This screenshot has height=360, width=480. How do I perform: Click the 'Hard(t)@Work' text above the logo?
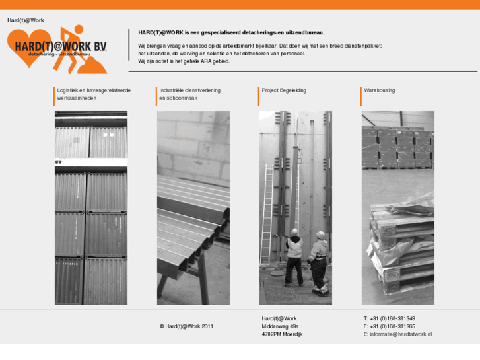click(x=26, y=21)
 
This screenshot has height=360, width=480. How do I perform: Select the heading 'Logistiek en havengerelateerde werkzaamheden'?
click(x=94, y=94)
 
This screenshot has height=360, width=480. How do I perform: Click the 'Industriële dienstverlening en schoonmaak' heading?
click(x=189, y=94)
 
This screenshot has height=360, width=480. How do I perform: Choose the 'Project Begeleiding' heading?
click(x=284, y=90)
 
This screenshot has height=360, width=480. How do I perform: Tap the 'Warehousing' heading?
click(x=380, y=90)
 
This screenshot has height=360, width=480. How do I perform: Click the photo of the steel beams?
click(x=193, y=208)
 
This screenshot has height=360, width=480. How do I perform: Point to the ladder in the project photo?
click(x=267, y=211)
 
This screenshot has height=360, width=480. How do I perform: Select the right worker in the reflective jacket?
click(x=319, y=261)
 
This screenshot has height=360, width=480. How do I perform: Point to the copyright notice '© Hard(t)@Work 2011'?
click(x=186, y=326)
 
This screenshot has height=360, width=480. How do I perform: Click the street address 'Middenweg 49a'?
click(x=280, y=326)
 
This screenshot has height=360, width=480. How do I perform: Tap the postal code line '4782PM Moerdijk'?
click(x=282, y=334)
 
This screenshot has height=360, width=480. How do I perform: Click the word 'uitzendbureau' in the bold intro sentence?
click(x=304, y=32)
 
